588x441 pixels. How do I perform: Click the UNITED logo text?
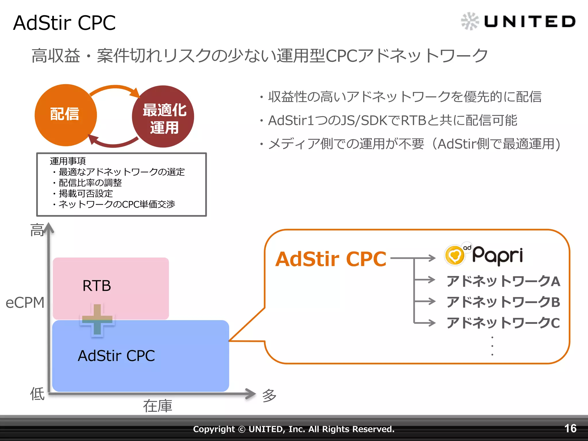tap(530, 22)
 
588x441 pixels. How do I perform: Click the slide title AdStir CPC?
tap(64, 23)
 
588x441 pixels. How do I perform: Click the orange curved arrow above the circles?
tap(115, 88)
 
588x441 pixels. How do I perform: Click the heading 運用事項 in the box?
tap(68, 161)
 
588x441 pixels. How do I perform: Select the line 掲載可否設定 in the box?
tap(86, 194)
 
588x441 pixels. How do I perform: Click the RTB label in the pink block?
tap(96, 286)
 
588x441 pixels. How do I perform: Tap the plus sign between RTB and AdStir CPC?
tap(97, 320)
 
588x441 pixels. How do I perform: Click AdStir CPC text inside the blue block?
tap(116, 356)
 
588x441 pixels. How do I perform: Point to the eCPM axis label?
tap(25, 303)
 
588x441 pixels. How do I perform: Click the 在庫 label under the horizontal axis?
tap(158, 406)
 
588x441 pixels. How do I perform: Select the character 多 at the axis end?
tap(269, 396)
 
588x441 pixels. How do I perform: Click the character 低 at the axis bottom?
tap(37, 394)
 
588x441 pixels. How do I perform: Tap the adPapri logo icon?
tap(455, 255)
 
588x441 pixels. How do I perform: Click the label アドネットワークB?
tap(503, 302)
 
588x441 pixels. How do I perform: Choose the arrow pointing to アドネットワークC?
tap(425, 323)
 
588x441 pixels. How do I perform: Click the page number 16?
tap(570, 428)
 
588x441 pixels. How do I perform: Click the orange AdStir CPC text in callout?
tap(331, 259)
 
